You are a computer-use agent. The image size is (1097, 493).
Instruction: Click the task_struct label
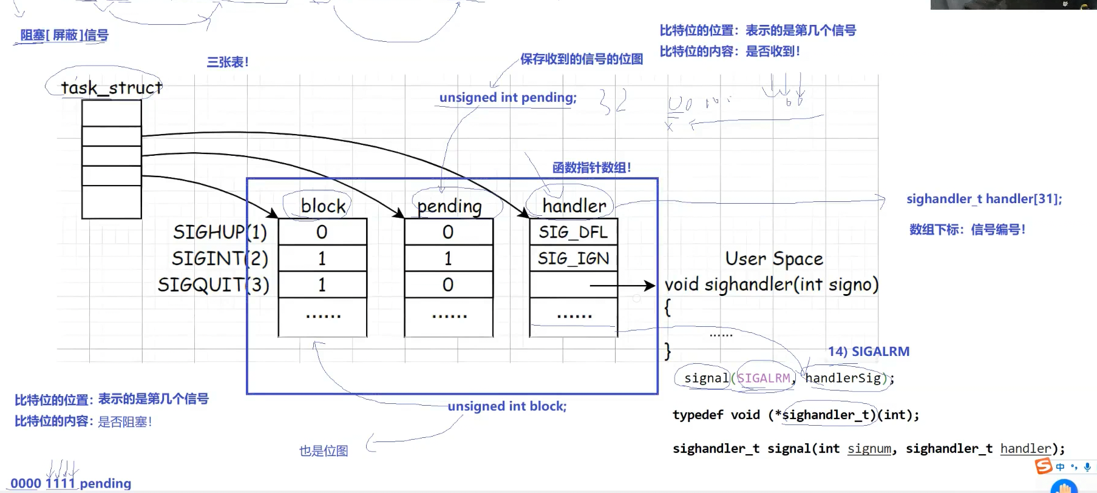111,88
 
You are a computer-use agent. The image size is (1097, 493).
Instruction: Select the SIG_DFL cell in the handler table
573,232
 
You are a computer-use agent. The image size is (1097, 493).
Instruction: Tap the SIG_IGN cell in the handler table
573,259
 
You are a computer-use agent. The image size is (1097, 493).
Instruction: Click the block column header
323,206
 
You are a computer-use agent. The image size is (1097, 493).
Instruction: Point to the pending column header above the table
449,206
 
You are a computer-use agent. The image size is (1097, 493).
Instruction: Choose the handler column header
574,206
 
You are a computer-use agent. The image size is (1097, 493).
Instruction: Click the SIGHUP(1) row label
220,232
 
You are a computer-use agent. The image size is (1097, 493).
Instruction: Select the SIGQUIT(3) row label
213,285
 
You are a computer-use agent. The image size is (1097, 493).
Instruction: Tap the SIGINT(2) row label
220,259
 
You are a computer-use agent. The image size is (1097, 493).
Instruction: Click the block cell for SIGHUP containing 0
322,232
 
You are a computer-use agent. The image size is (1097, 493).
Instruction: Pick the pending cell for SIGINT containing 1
448,259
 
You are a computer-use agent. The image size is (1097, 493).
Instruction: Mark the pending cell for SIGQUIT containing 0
448,285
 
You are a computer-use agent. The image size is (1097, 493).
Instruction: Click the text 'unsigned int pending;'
508,98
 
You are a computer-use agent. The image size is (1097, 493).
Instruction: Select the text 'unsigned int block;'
507,406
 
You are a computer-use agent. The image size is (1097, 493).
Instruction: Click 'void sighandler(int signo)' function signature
772,284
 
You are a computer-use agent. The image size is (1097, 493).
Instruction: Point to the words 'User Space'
774,259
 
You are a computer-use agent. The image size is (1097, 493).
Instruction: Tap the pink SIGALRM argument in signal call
764,378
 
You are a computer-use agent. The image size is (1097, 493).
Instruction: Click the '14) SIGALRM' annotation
869,352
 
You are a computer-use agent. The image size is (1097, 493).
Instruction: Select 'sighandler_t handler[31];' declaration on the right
984,199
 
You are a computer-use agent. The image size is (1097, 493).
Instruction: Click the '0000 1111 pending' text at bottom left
71,483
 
